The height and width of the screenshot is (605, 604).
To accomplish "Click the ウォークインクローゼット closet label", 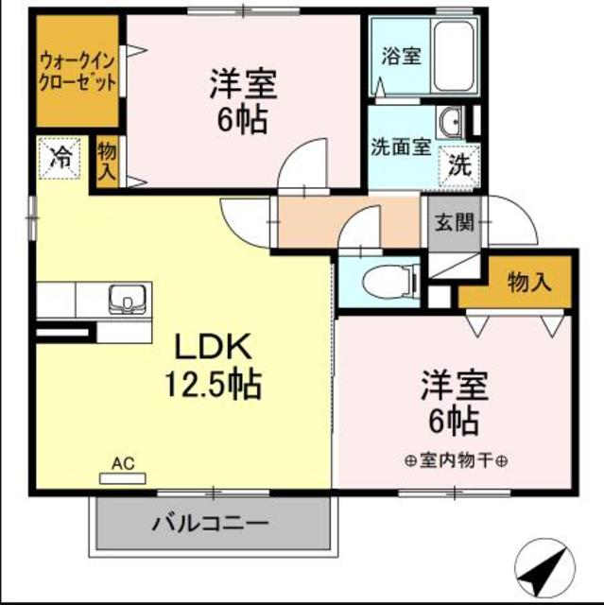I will [x=78, y=71].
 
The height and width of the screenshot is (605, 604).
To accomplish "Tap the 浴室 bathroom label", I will [x=402, y=56].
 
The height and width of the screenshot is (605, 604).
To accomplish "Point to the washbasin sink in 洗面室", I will [x=450, y=122].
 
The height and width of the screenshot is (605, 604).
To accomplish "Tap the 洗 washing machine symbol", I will [x=459, y=167].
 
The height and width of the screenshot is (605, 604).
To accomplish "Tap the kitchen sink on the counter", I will [x=125, y=300].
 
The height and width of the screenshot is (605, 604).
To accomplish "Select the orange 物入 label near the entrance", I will [x=529, y=281].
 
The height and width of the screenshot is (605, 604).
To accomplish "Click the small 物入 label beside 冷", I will [x=107, y=161].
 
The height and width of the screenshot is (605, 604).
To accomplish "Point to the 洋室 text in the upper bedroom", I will [x=243, y=84].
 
